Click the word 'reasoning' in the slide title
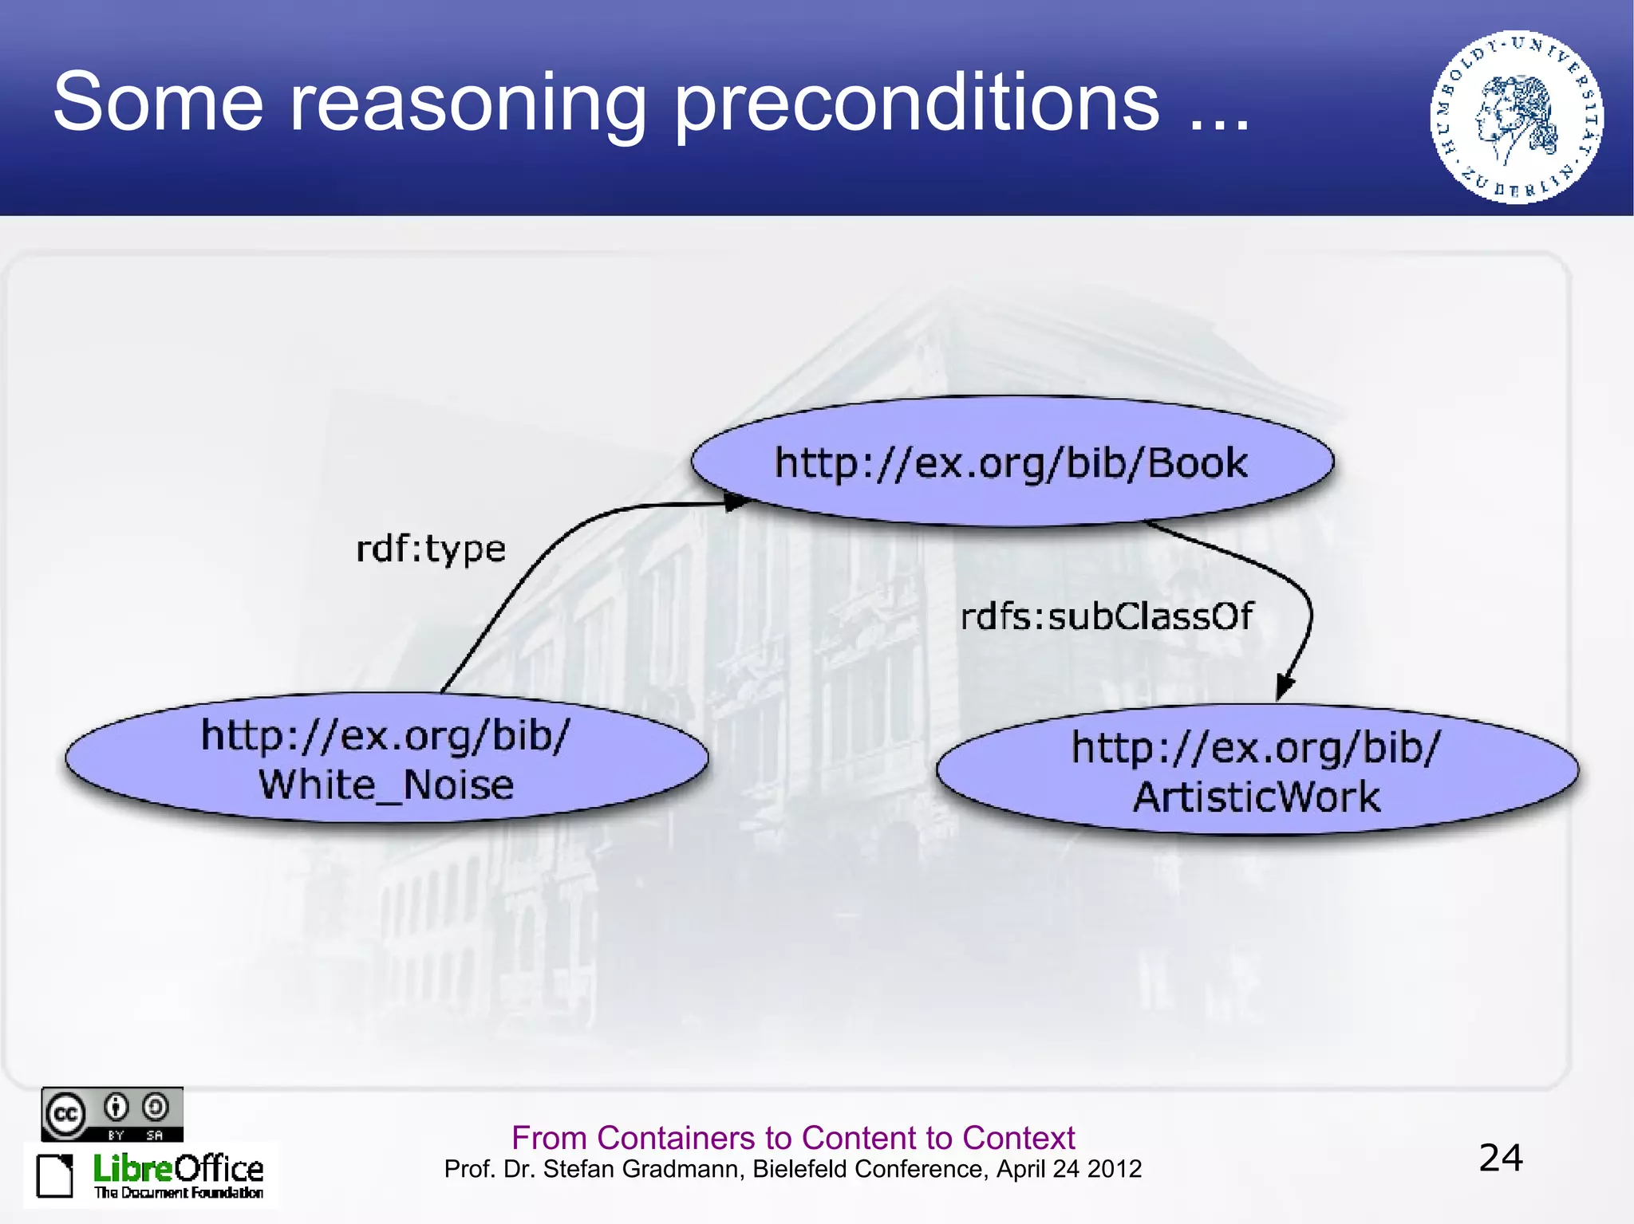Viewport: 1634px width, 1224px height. (467, 104)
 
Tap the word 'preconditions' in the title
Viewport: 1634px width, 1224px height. (918, 104)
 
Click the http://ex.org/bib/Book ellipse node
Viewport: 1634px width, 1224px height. (1012, 462)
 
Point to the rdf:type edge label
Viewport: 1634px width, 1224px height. (431, 549)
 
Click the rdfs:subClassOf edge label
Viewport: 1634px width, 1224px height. (1106, 616)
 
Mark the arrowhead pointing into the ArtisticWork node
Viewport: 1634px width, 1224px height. (1285, 686)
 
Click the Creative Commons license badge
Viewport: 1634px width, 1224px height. (112, 1114)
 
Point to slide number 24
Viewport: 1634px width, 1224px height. (1501, 1158)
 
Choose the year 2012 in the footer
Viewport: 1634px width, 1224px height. (1114, 1169)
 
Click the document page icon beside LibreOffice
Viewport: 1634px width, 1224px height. (55, 1175)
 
